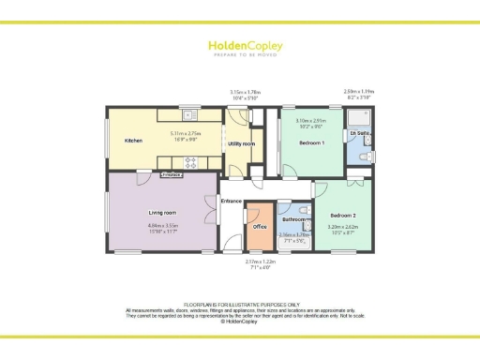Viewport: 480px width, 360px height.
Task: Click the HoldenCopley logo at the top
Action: [x=240, y=47]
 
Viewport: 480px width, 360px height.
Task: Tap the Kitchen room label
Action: [x=133, y=141]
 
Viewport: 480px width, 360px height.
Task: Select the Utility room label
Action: [x=241, y=143]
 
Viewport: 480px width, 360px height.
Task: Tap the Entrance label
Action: [x=232, y=202]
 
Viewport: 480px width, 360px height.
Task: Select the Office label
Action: [x=261, y=225]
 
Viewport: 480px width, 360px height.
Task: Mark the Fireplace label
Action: [x=171, y=174]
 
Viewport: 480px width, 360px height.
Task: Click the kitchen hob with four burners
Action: [x=191, y=162]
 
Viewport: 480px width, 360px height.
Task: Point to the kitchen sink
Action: [x=190, y=115]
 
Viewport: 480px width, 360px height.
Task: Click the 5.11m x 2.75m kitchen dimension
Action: [x=184, y=136]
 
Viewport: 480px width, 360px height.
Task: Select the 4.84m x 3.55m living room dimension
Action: [x=163, y=227]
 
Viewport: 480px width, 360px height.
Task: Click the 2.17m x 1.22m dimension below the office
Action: [x=257, y=264]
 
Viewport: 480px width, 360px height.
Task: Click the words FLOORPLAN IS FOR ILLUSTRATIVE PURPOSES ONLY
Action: [x=239, y=305]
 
